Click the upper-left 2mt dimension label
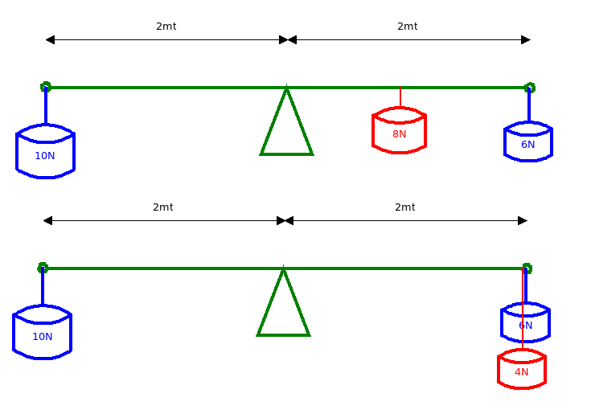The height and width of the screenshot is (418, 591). [166, 27]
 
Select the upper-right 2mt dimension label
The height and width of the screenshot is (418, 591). [408, 27]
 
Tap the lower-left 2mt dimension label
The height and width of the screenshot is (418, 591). [162, 207]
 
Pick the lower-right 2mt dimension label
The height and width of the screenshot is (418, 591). [404, 207]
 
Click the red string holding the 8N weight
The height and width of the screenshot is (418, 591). [400, 97]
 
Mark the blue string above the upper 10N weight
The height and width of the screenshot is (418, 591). [46, 105]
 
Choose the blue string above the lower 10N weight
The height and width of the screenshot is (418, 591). [43, 286]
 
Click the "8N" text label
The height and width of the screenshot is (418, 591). [399, 134]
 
